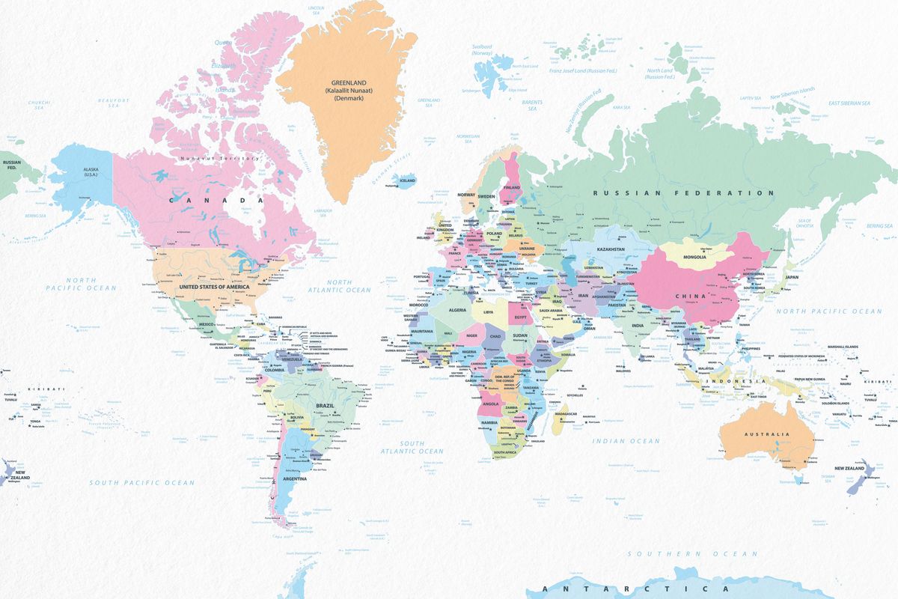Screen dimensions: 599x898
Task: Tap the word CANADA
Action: tap(216, 200)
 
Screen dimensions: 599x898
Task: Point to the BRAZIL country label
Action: tap(325, 405)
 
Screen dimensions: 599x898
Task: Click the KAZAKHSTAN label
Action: tap(611, 249)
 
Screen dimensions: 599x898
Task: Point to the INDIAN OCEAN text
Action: tap(626, 441)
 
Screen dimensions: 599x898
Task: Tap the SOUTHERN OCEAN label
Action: tap(692, 554)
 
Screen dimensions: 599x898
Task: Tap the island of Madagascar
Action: tap(558, 423)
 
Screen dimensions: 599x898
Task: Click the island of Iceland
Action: tap(406, 180)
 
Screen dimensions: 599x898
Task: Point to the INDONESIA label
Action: tap(738, 382)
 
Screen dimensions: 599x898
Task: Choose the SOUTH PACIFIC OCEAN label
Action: tap(141, 483)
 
